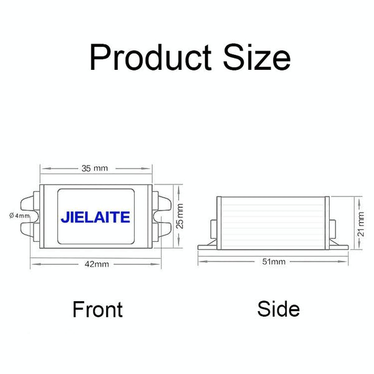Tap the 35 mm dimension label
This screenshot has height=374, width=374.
[95, 168]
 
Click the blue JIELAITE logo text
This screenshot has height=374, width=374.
[95, 218]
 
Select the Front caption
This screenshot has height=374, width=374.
[98, 309]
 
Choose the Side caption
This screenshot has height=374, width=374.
[278, 309]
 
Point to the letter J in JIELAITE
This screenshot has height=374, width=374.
[65, 218]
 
